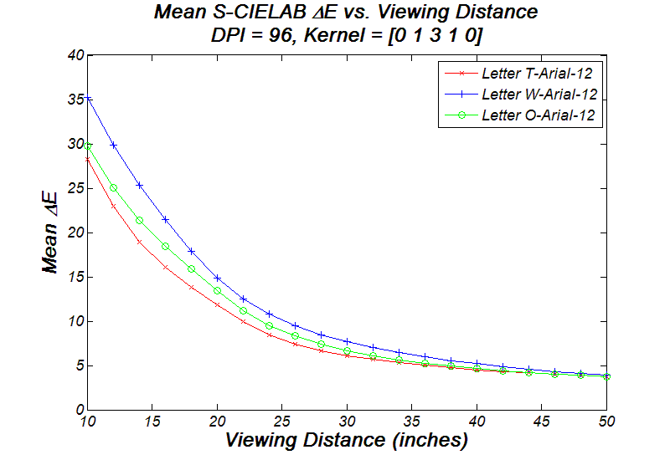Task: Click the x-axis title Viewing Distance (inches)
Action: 347,439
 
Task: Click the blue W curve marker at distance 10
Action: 88,99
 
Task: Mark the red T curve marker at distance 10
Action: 88,159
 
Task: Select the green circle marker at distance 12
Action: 114,188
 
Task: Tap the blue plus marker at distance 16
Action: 166,220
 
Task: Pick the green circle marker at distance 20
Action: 218,290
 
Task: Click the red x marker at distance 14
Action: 140,242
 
